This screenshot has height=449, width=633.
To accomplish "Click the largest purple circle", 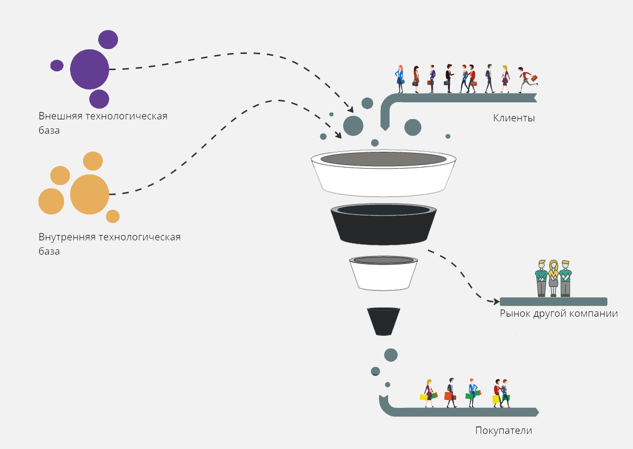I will pos(89,69).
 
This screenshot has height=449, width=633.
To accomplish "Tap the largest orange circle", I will pos(89,194).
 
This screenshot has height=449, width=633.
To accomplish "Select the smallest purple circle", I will pos(57,66).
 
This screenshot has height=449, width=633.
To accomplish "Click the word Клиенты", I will pos(514,118).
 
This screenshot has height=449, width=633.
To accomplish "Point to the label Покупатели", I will pos(503,430).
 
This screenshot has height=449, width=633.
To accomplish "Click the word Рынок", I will pos(515,313).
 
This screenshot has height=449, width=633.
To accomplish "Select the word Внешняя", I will pos(60,116).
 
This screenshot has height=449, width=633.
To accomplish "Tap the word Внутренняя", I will pos(67,237).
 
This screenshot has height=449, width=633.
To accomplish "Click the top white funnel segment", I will pos(383,180).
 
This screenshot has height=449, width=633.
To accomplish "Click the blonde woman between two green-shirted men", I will pos(553,278).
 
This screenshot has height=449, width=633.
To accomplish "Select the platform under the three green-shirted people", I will pos(553,302).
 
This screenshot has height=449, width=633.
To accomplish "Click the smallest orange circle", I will pos(113,216).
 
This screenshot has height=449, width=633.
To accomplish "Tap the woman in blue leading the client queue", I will pos(400,79).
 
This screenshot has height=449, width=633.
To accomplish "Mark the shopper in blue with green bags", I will pos(472,392).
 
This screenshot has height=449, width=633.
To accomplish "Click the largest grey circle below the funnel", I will pos(391,355).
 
